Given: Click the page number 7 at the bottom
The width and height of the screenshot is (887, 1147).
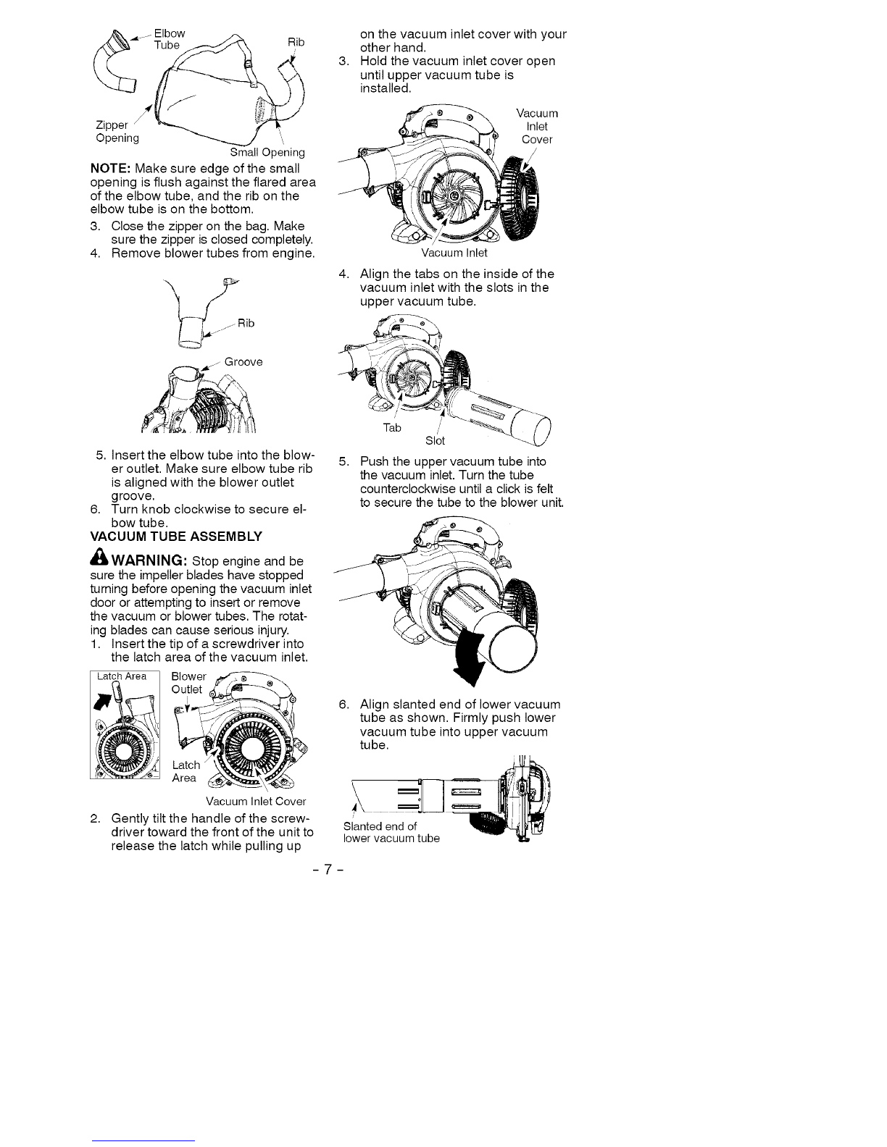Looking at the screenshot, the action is tap(328, 870).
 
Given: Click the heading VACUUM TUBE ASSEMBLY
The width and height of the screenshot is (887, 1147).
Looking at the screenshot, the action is tap(176, 537).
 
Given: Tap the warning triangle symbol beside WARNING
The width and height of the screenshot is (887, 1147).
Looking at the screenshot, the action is tap(99, 557).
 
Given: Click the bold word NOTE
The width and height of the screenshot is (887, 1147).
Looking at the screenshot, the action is tap(110, 169).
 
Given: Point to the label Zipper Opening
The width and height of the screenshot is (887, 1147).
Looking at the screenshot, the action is tap(117, 132).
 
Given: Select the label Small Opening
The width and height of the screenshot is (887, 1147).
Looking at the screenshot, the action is tap(267, 153).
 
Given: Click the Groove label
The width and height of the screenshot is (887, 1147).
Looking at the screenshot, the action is tap(243, 361).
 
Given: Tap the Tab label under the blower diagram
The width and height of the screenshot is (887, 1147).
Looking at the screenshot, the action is tap(392, 427).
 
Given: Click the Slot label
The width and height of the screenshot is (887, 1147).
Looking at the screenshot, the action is tap(435, 441).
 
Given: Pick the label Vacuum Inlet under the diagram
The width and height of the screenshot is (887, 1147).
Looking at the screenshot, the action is tap(454, 253).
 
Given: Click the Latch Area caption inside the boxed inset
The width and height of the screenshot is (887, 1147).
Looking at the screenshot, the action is tap(122, 676).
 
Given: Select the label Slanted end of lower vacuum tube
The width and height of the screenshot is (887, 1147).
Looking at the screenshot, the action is tap(391, 833).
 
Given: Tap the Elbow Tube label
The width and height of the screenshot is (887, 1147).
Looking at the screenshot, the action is tap(169, 40).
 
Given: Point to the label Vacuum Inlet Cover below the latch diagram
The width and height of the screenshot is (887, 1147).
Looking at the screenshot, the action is tap(256, 802).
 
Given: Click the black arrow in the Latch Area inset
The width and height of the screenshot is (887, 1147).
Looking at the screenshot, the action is tap(101, 700).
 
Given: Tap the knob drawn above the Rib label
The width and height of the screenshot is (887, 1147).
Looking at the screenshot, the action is tap(230, 282).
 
